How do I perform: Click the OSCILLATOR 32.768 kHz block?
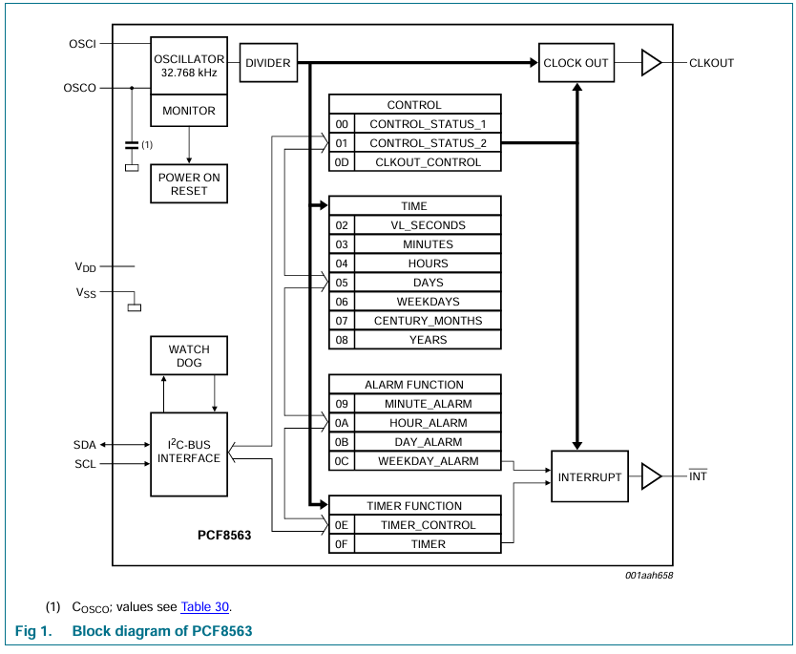pyautogui.click(x=189, y=65)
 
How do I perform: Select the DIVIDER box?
pyautogui.click(x=268, y=63)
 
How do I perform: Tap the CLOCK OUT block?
pyautogui.click(x=576, y=63)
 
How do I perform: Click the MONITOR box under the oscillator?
pyautogui.click(x=189, y=111)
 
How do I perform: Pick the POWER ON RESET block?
pyautogui.click(x=189, y=183)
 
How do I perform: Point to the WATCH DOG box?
pyautogui.click(x=189, y=355)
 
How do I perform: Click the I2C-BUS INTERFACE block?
pyautogui.click(x=189, y=454)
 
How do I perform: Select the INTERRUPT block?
pyautogui.click(x=590, y=476)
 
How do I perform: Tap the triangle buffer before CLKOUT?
pyautogui.click(x=651, y=63)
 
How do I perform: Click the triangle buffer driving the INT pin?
pyautogui.click(x=651, y=476)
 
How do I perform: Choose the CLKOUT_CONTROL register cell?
pyautogui.click(x=427, y=162)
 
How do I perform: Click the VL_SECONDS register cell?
pyautogui.click(x=427, y=225)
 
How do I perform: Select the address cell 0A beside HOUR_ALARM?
pyautogui.click(x=342, y=423)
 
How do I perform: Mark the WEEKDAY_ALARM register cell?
pyautogui.click(x=427, y=461)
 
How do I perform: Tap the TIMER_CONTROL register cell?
pyautogui.click(x=427, y=525)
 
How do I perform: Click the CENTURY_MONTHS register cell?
pyautogui.click(x=427, y=321)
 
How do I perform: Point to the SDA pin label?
pyautogui.click(x=85, y=445)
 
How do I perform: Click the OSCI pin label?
pyautogui.click(x=82, y=44)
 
